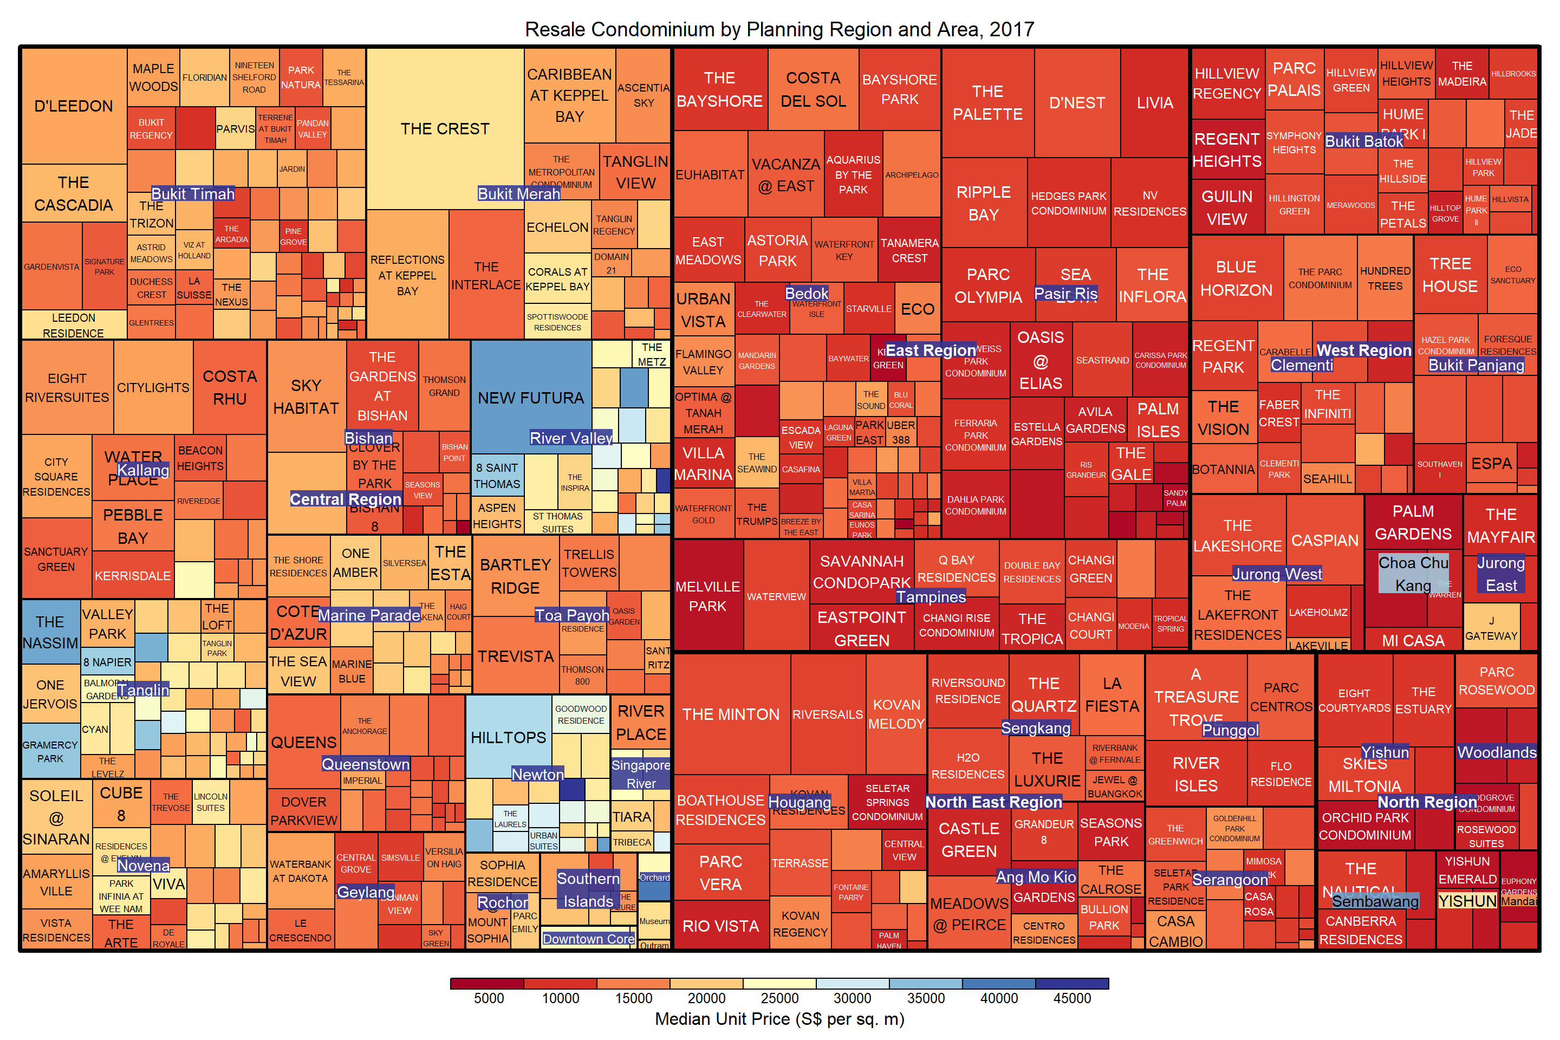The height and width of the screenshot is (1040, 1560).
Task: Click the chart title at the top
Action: (x=779, y=29)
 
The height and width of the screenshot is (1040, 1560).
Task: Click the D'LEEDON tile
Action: (x=74, y=106)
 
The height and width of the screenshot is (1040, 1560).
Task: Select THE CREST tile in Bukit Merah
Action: (x=445, y=129)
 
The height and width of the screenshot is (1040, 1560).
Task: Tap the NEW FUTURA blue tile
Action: (x=531, y=398)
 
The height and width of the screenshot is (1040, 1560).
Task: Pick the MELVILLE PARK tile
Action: (x=708, y=596)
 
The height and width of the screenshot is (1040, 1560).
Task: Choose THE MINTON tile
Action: (x=731, y=714)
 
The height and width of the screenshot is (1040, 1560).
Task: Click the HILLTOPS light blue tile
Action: (x=508, y=738)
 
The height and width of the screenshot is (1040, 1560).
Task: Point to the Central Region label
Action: (x=346, y=499)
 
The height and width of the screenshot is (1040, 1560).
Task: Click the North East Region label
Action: (x=993, y=802)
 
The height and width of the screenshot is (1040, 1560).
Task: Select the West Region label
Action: (x=1364, y=350)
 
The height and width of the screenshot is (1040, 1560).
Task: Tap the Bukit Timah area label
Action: (x=193, y=194)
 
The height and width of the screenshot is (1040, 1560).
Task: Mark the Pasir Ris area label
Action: (x=1066, y=293)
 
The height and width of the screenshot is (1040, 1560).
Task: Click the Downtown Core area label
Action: (x=588, y=939)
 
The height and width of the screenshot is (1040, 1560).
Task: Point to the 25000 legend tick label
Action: (x=779, y=998)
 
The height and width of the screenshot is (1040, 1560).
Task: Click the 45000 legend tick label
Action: (x=1072, y=998)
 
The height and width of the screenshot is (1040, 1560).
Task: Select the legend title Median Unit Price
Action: (x=779, y=1019)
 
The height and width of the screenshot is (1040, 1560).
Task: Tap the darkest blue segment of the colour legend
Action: (x=1072, y=983)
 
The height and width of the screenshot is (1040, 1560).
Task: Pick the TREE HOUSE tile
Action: (x=1450, y=275)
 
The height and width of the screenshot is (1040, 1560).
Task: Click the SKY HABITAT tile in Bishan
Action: (x=305, y=396)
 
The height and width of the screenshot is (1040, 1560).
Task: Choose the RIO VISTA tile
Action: (x=720, y=926)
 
